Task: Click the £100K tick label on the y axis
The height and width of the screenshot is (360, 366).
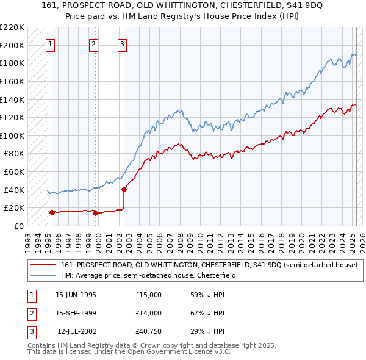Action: pyautogui.click(x=12, y=135)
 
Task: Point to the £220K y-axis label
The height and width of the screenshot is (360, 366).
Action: pyautogui.click(x=12, y=27)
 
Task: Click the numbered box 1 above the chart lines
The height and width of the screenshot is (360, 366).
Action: pyautogui.click(x=49, y=44)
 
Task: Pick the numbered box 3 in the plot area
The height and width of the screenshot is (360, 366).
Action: pyautogui.click(x=123, y=44)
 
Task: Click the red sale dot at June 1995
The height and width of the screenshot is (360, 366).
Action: pyautogui.click(x=52, y=212)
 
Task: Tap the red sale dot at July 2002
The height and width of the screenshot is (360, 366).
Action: pyautogui.click(x=124, y=189)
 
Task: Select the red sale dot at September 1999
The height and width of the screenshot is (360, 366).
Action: pyautogui.click(x=95, y=213)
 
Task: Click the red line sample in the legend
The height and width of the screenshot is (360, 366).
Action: pyautogui.click(x=43, y=265)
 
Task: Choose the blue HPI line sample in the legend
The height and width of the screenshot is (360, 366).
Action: pyautogui.click(x=43, y=276)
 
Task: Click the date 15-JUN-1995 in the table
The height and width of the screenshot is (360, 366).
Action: pyautogui.click(x=76, y=295)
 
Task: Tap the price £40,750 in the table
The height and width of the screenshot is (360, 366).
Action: pyautogui.click(x=149, y=331)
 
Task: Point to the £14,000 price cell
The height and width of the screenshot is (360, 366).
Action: pyautogui.click(x=149, y=313)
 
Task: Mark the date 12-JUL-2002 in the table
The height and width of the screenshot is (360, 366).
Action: pyautogui.click(x=77, y=331)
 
